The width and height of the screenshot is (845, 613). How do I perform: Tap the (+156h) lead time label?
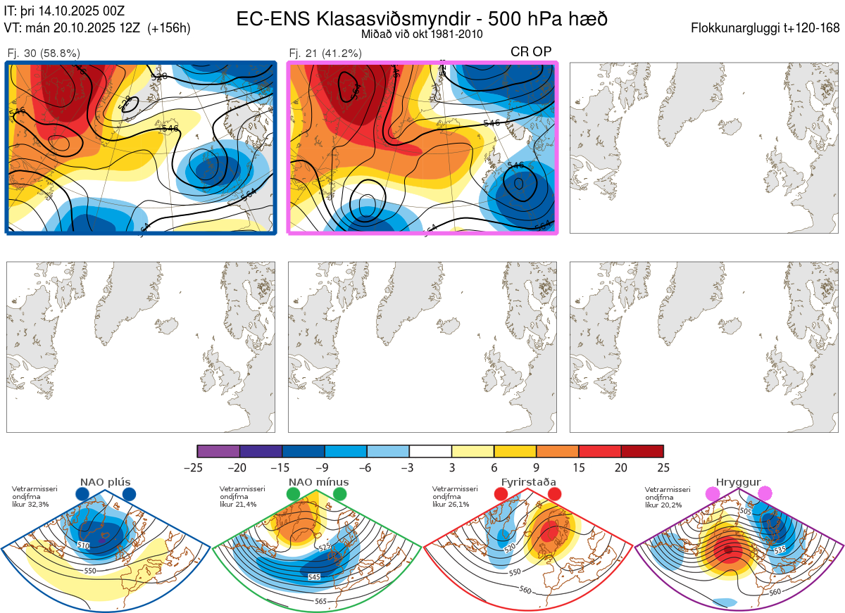pyautogui.click(x=169, y=28)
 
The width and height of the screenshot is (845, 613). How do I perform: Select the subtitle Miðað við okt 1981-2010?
pyautogui.click(x=422, y=34)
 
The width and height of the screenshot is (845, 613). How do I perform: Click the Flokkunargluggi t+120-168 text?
pyautogui.click(x=765, y=28)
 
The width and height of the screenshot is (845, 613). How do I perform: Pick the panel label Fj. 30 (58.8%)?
pyautogui.click(x=44, y=53)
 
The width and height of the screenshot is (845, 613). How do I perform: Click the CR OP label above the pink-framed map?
pyautogui.click(x=531, y=51)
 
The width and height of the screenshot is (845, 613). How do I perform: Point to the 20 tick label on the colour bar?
pyautogui.click(x=621, y=467)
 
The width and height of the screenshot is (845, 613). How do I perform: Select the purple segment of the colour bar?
pyautogui.click(x=218, y=451)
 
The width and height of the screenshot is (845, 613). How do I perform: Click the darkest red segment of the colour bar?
pyautogui.click(x=642, y=451)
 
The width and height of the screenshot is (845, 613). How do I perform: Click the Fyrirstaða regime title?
pyautogui.click(x=528, y=482)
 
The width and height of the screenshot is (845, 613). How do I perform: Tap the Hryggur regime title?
pyautogui.click(x=739, y=482)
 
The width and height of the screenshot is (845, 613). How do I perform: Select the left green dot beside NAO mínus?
pyautogui.click(x=294, y=495)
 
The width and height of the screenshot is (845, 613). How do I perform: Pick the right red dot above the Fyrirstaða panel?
pyautogui.click(x=554, y=495)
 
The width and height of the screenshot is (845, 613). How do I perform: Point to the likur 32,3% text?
pyautogui.click(x=30, y=505)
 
